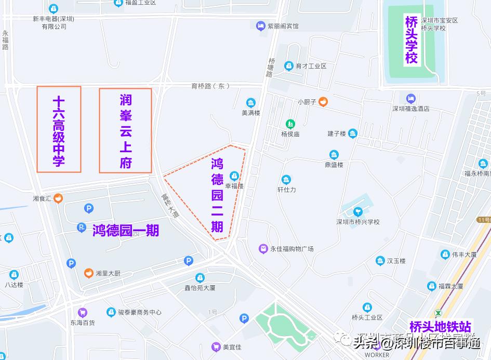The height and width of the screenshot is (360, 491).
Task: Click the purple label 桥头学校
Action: tap(412, 40)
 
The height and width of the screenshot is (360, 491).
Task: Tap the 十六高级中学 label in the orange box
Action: tap(59, 130)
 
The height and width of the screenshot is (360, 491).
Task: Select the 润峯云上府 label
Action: tap(126, 131)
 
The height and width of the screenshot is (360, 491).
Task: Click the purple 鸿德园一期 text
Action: tap(125, 230)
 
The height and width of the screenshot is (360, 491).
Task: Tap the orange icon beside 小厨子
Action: tap(323, 102)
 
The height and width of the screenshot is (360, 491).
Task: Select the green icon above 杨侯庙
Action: tap(290, 124)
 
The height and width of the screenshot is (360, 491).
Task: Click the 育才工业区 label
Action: tap(311, 66)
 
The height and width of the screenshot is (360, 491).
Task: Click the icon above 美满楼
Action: tap(251, 103)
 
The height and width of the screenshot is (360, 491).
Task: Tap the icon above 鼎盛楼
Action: tap(334, 155)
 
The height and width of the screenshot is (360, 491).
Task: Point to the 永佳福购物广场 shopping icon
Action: tap(263, 249)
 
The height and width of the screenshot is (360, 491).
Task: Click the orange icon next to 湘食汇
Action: tap(58, 198)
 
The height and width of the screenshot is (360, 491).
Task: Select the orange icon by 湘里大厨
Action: tap(88, 273)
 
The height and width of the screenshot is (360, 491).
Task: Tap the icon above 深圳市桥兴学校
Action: tap(358, 211)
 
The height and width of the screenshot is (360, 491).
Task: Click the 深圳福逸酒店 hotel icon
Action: tap(410, 98)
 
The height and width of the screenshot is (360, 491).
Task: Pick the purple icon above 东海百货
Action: tap(82, 312)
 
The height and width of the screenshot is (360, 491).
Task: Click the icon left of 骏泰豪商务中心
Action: tap(110, 312)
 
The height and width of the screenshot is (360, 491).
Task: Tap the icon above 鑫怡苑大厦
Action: tap(200, 277)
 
